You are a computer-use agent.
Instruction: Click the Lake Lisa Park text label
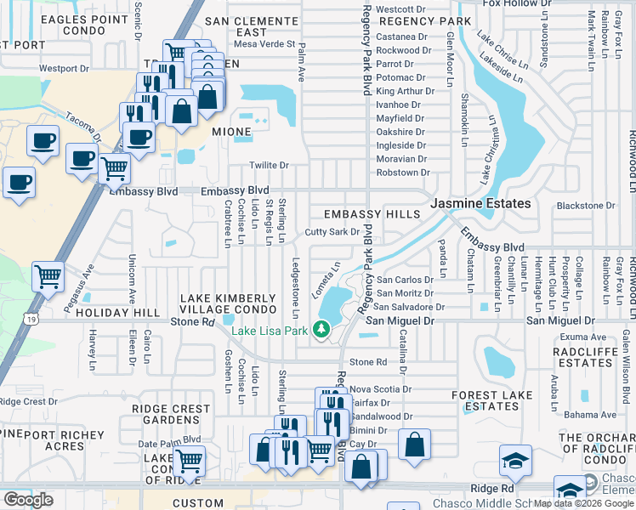click(x=269, y=331)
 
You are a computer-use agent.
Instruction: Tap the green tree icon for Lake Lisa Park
click(x=321, y=330)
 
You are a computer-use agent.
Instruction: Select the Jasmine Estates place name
click(x=481, y=204)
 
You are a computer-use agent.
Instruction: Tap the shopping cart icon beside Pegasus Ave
click(x=48, y=276)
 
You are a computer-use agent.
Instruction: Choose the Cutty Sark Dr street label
click(x=332, y=232)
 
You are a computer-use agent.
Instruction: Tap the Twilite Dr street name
click(x=269, y=165)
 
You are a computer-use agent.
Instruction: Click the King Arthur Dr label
click(x=405, y=91)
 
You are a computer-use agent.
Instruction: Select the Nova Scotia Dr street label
click(x=380, y=389)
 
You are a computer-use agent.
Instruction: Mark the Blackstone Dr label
click(x=585, y=206)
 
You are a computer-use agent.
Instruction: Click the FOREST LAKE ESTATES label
click(x=486, y=400)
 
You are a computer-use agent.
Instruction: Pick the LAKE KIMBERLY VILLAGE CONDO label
click(x=227, y=304)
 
